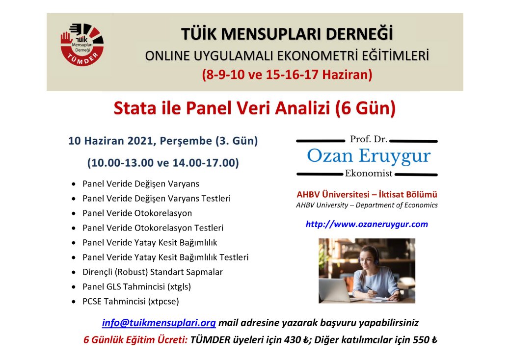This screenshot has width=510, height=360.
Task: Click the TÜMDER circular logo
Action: [82, 45]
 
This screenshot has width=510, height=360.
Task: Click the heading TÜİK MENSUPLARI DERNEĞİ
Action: [287, 34]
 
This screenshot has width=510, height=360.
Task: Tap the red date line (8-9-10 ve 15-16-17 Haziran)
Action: [287, 75]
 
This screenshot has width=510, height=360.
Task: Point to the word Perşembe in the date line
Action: [186, 141]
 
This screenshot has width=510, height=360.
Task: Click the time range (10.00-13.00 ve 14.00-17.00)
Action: [163, 162]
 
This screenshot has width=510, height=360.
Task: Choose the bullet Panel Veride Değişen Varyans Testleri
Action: [157, 199]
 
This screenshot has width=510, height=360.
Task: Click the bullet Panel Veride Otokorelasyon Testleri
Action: [153, 228]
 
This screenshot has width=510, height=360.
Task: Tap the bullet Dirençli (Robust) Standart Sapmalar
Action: [153, 272]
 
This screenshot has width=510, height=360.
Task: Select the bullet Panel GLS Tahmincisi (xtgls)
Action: [136, 286]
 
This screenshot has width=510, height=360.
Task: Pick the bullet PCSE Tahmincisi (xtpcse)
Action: [131, 302]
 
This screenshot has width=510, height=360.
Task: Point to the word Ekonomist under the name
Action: [369, 173]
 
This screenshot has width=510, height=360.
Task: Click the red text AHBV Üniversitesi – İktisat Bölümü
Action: [367, 194]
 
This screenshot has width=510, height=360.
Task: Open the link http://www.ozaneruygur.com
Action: [367, 224]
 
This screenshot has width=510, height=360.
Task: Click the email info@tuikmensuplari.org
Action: [159, 323]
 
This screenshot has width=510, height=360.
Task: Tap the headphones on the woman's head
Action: [367, 257]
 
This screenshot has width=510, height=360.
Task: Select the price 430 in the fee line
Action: [292, 340]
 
